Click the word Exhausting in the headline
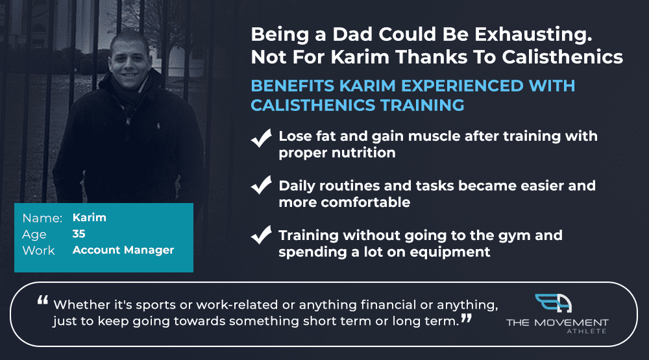click(533, 35)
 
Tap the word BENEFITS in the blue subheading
click(292, 86)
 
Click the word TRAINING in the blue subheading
click(422, 104)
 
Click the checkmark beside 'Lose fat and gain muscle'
click(261, 138)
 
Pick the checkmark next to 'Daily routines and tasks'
click(261, 185)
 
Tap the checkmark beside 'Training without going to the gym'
click(261, 235)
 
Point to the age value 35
click(79, 234)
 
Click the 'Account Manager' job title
click(123, 250)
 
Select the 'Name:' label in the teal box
click(42, 218)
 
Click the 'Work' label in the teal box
click(38, 250)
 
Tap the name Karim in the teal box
click(89, 217)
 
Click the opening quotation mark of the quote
click(43, 300)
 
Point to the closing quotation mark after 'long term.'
click(467, 318)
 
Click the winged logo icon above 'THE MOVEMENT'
click(554, 303)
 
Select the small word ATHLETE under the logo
click(587, 331)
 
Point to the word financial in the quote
click(389, 305)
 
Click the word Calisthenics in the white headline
click(563, 57)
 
